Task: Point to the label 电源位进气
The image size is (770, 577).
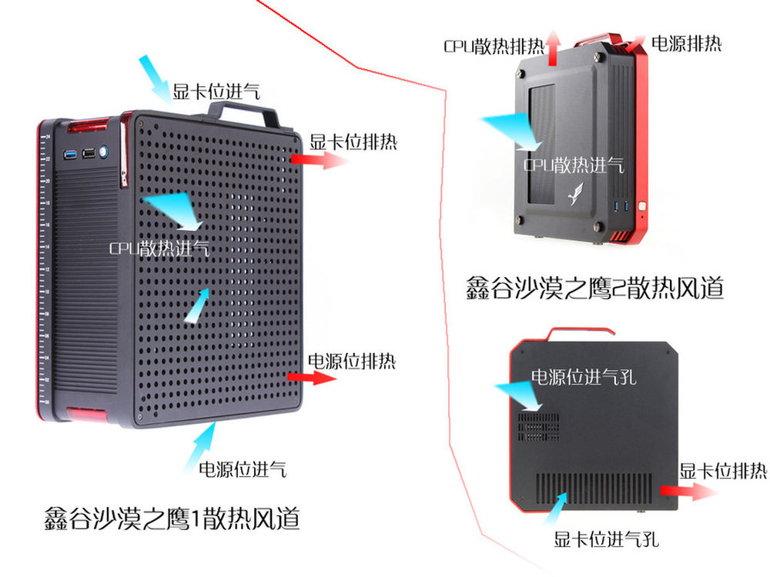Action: pyautogui.click(x=243, y=469)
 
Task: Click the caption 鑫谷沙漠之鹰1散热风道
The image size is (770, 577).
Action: pyautogui.click(x=171, y=519)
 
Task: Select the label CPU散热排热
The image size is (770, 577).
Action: pyautogui.click(x=494, y=44)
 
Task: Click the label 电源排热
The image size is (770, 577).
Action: pyautogui.click(x=686, y=43)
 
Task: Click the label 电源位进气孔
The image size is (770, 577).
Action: pyautogui.click(x=584, y=376)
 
